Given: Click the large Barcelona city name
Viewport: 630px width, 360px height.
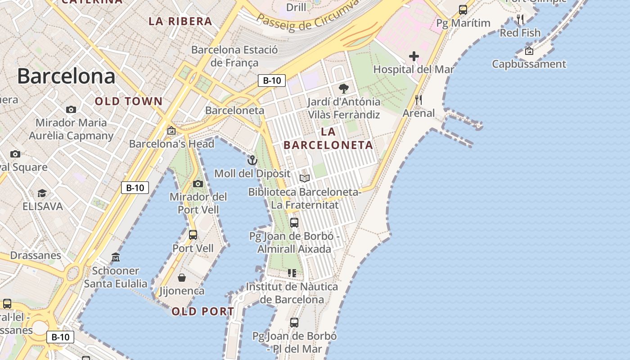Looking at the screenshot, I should [66, 76].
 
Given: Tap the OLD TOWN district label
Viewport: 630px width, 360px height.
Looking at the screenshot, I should [128, 101].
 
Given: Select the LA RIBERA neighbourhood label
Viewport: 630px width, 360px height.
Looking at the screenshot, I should [180, 21].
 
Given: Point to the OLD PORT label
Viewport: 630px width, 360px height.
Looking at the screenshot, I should [202, 311].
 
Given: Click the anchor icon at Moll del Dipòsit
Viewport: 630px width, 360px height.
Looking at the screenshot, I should [252, 160].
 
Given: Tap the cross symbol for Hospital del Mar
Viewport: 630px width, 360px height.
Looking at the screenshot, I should [414, 57].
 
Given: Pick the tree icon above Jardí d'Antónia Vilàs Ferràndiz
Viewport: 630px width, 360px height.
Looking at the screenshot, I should [344, 88].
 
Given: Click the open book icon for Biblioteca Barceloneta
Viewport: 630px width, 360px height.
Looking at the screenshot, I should [305, 179].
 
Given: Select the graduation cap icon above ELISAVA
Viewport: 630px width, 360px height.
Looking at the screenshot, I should [42, 193].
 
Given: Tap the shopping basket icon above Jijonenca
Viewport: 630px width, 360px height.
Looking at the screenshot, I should [182, 278].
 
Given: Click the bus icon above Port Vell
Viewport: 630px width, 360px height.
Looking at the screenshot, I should [193, 234].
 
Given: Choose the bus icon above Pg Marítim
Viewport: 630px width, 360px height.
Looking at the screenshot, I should [463, 9].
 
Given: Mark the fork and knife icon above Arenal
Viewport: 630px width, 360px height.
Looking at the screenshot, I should [418, 100].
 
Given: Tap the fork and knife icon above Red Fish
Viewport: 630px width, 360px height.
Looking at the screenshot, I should [520, 19].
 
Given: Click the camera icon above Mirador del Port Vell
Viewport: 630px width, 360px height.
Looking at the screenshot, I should [198, 184].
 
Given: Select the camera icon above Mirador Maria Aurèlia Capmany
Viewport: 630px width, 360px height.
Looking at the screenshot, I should [71, 109].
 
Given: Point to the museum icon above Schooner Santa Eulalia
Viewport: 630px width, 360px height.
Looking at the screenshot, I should [116, 257].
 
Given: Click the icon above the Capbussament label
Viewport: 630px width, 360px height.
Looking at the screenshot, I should [529, 51].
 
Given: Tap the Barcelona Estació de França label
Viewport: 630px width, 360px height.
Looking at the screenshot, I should [234, 56].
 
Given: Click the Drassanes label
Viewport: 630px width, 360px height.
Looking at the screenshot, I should [36, 255].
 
